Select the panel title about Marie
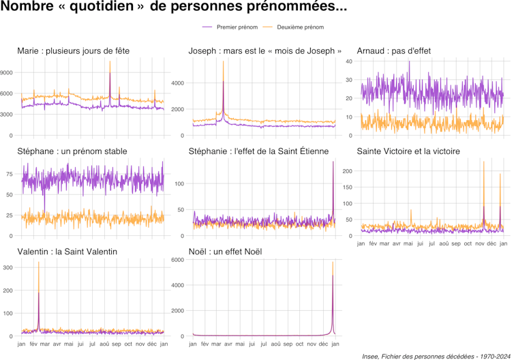coord(74,51)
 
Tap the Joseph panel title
coord(265,51)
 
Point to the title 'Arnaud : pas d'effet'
coord(394,51)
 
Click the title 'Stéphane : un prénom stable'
coord(72,151)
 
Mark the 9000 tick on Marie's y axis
coord(7,72)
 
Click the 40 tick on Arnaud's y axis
coord(348,61)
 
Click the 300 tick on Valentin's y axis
coord(7,267)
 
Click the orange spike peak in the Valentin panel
coord(38,262)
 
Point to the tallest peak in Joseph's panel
coord(223,62)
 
